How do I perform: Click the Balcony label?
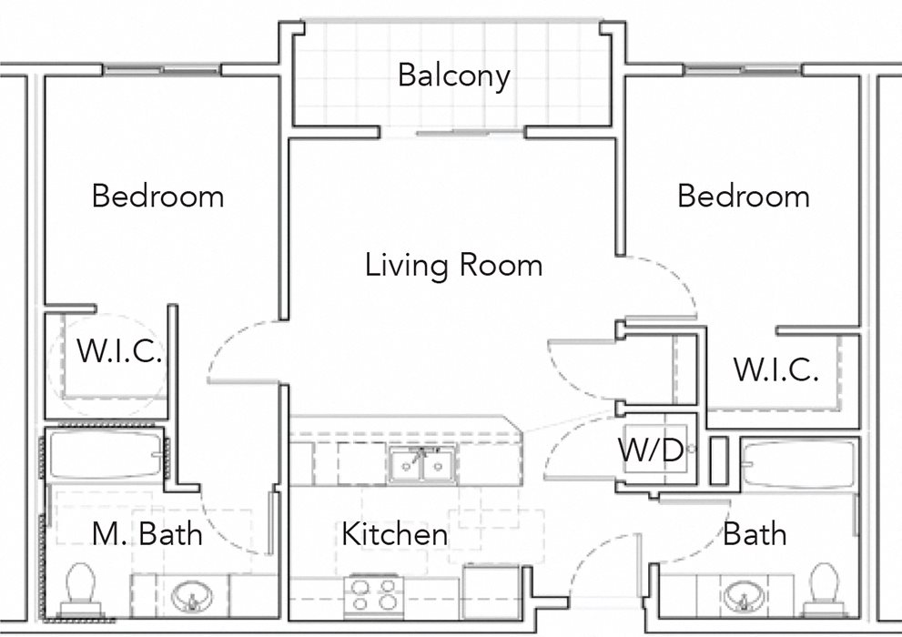click(453, 76)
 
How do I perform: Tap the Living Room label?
click(453, 266)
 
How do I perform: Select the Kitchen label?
click(394, 534)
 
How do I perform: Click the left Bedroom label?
click(157, 196)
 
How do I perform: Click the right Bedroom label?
click(743, 196)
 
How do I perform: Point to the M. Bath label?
click(147, 534)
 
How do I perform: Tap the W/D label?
click(651, 450)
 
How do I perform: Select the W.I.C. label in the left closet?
click(118, 353)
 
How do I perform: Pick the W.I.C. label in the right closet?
click(775, 370)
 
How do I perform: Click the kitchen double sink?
click(421, 467)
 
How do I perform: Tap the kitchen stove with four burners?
click(374, 595)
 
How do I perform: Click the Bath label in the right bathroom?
click(755, 534)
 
